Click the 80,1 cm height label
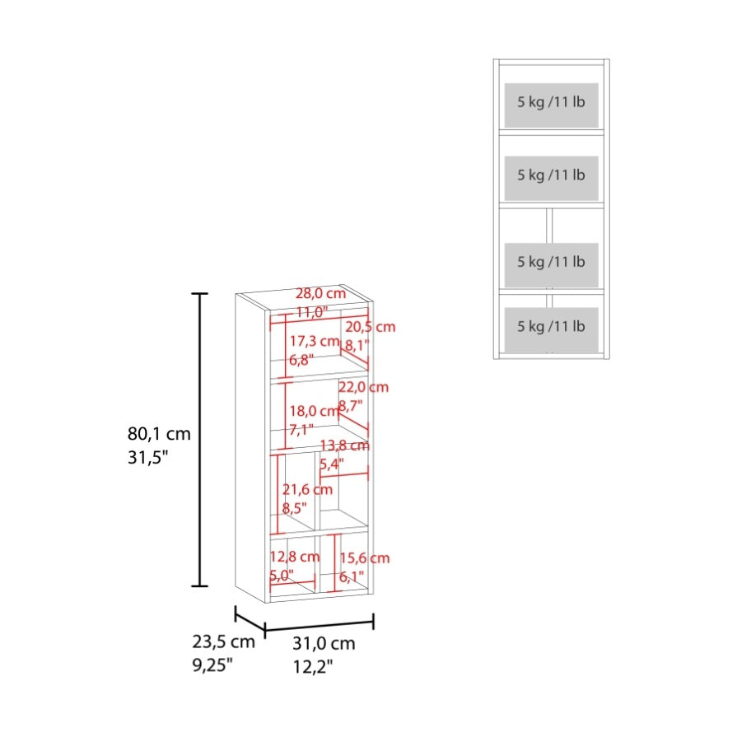click(x=159, y=433)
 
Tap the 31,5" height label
click(x=147, y=457)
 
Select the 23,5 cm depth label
click(x=223, y=641)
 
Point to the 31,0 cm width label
click(x=324, y=643)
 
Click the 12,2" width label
click(x=313, y=666)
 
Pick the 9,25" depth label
click(x=212, y=665)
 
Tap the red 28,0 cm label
click(x=320, y=293)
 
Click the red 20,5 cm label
click(x=371, y=327)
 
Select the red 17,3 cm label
click(x=315, y=341)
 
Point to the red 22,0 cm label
click(x=364, y=387)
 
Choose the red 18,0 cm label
click(x=314, y=411)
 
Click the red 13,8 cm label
click(x=344, y=445)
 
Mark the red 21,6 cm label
click(x=307, y=490)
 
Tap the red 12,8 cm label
click(x=294, y=557)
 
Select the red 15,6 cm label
click(x=365, y=558)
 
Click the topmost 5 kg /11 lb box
click(x=552, y=105)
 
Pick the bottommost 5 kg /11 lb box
click(x=552, y=329)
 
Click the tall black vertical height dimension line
click(x=200, y=440)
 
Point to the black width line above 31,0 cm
click(x=320, y=625)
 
